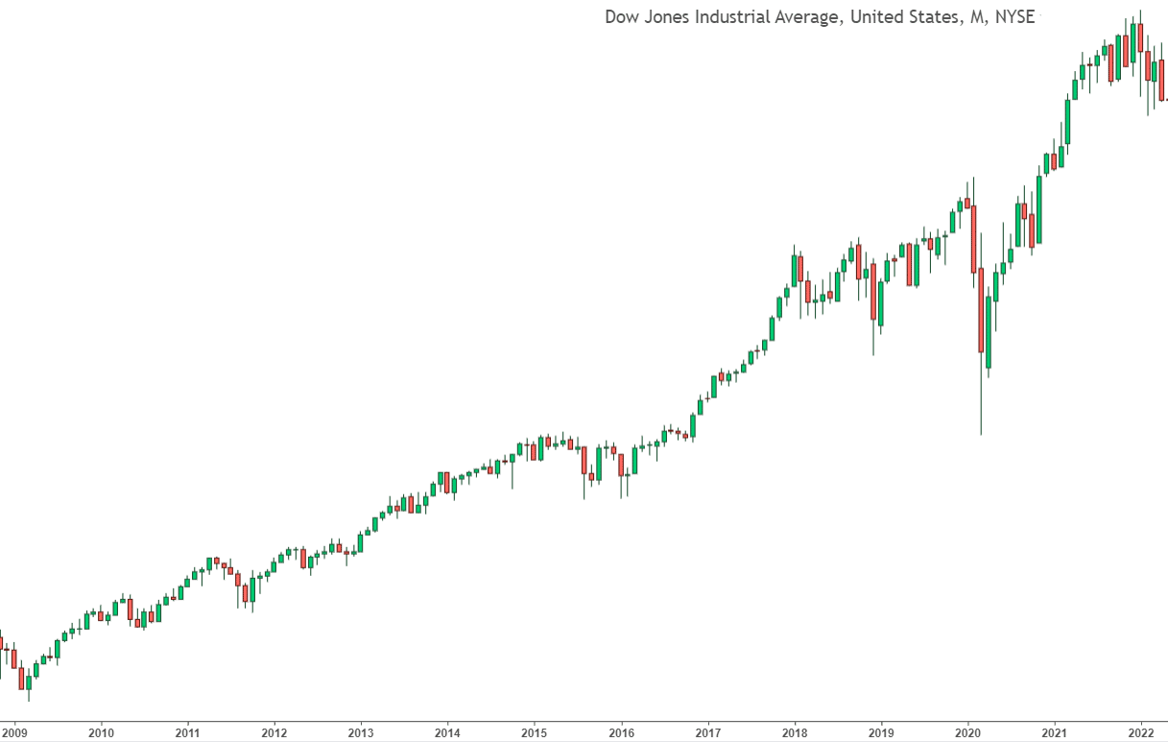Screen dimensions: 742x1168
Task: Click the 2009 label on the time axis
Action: [14, 732]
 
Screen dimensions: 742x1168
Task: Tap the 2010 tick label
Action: [101, 732]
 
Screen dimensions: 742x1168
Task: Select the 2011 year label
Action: [187, 732]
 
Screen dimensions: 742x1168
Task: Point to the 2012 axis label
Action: [274, 732]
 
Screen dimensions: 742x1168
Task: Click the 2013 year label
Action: [361, 732]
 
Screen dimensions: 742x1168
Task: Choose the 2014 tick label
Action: [447, 732]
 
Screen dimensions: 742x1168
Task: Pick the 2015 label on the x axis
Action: [535, 732]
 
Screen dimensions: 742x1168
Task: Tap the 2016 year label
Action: [621, 732]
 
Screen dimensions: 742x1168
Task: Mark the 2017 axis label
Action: [707, 732]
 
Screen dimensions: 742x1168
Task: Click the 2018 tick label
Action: [795, 732]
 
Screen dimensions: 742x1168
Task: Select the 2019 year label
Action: [881, 732]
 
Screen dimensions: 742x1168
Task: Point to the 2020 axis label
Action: [967, 732]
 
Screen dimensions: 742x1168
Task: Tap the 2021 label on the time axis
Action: [1055, 732]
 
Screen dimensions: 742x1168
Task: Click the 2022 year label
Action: [1141, 732]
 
